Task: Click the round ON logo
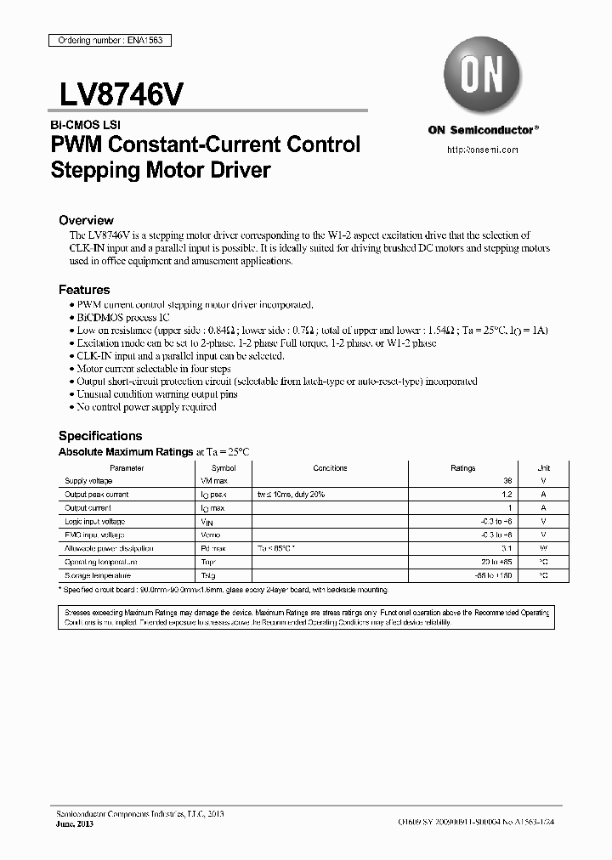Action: click(x=482, y=75)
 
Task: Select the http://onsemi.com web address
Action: click(x=482, y=150)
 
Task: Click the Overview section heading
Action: click(x=86, y=220)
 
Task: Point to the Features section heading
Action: click(x=84, y=290)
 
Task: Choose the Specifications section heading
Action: click(x=99, y=436)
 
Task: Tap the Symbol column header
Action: click(x=224, y=468)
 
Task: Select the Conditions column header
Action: click(x=330, y=468)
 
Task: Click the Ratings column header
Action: click(x=462, y=468)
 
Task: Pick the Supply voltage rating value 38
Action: click(x=508, y=481)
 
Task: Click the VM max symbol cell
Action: click(x=213, y=481)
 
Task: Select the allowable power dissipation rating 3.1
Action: click(x=508, y=548)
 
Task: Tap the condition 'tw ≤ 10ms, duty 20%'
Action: click(x=291, y=495)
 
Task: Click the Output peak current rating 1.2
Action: click(x=508, y=495)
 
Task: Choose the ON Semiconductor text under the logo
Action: click(x=482, y=130)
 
